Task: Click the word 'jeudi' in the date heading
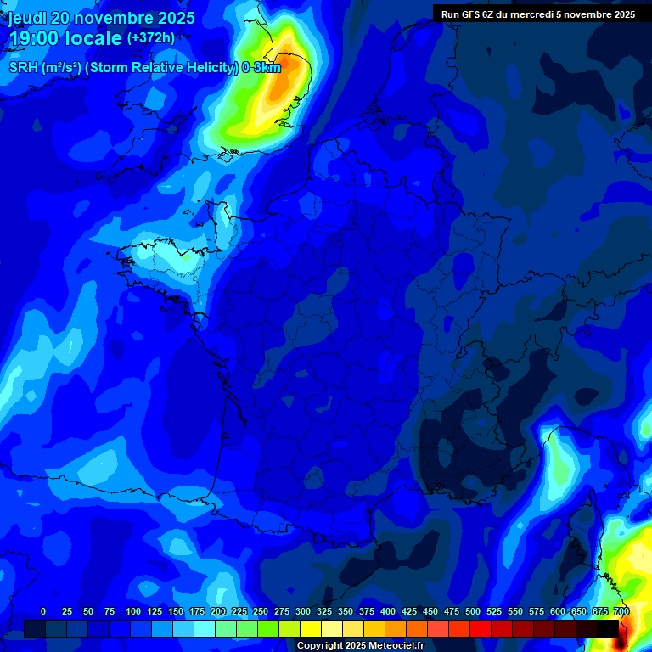tap(26, 18)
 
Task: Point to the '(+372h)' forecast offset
tap(151, 38)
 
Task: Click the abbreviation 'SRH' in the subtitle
tap(23, 67)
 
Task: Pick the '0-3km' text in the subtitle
tap(261, 67)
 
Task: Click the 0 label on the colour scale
tap(43, 612)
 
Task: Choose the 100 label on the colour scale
tap(133, 612)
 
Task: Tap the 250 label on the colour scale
tap(261, 612)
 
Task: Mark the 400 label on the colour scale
tap(388, 612)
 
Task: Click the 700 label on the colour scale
tap(621, 612)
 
